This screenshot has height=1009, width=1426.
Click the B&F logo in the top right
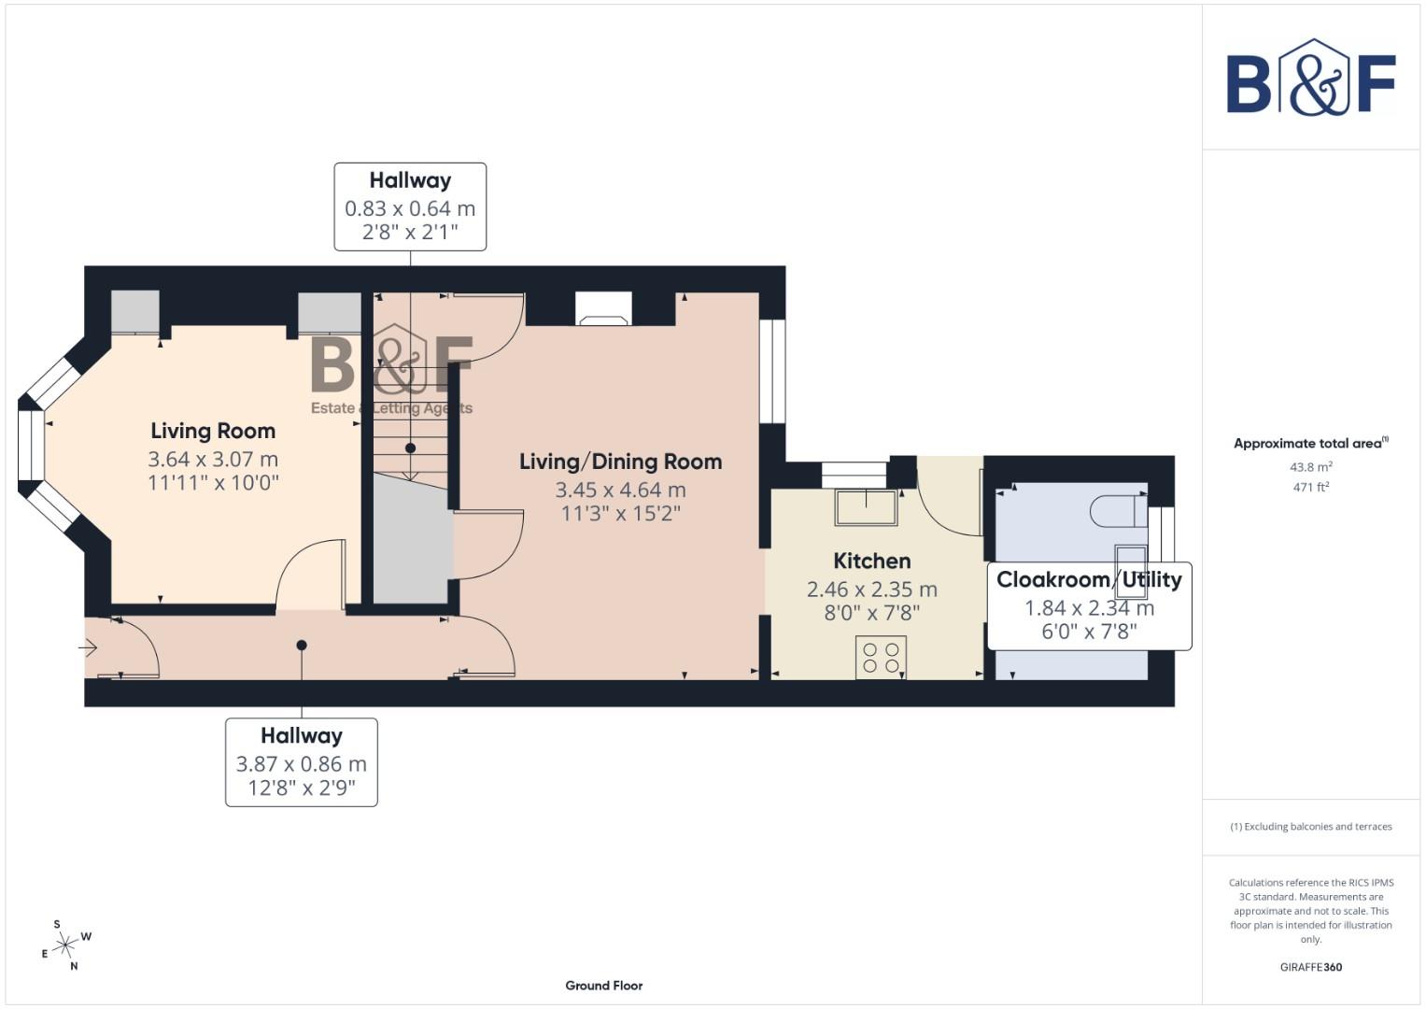click(x=1310, y=78)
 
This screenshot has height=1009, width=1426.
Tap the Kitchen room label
click(x=871, y=561)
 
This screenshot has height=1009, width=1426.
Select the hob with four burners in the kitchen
click(x=881, y=657)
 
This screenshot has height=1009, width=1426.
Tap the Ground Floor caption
click(x=603, y=985)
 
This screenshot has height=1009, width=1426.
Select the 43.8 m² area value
click(x=1310, y=466)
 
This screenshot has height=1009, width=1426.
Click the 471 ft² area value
click(x=1310, y=487)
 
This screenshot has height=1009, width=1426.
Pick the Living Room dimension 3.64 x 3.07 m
click(x=213, y=459)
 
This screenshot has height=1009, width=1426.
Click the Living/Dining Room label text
click(x=620, y=462)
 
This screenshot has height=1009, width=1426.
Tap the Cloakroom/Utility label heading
click(x=1089, y=579)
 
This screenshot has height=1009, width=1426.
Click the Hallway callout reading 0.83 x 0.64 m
click(x=410, y=206)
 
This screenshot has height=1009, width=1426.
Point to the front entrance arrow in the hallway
click(x=90, y=647)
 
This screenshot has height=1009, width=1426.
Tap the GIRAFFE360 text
click(x=1310, y=967)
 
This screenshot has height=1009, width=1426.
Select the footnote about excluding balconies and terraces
click(x=1310, y=827)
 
